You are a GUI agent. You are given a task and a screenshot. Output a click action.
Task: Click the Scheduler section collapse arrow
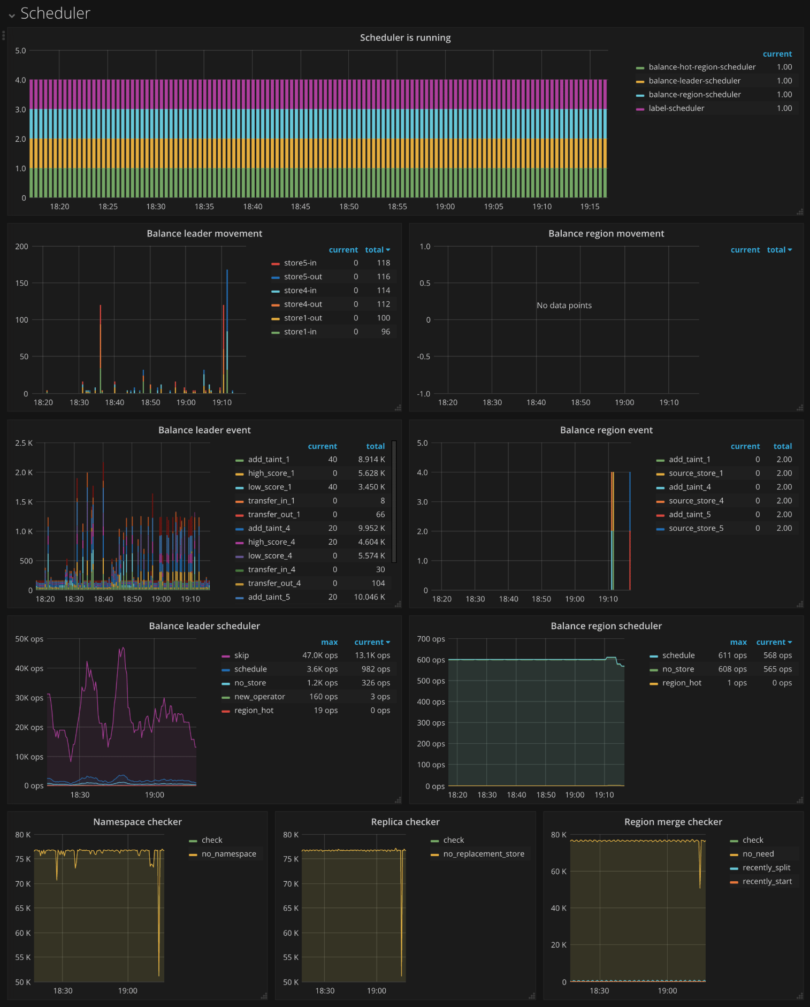12,16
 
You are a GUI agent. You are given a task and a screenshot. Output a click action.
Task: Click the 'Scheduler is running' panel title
405,37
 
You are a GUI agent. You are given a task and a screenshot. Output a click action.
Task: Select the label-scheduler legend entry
676,108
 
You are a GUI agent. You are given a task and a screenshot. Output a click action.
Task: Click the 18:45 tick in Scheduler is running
301,207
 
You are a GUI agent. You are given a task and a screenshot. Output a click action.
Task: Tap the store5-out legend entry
303,277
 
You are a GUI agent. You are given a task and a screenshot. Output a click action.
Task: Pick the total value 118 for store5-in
383,263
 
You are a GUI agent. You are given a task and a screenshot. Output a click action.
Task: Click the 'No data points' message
564,306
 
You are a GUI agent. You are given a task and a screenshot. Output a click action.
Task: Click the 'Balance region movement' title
606,233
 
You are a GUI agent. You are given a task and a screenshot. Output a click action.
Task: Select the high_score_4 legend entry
271,542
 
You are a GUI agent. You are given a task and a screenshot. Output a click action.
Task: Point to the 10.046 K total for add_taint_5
369,597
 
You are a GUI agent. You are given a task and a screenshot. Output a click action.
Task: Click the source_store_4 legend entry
696,501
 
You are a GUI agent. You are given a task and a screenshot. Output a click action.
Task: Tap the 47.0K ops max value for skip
320,655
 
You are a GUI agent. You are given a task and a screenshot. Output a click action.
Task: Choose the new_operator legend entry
259,697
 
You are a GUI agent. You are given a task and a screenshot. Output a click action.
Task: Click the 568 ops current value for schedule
777,655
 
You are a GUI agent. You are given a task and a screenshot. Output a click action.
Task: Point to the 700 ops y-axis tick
431,639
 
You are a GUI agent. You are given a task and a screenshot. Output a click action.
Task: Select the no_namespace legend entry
228,854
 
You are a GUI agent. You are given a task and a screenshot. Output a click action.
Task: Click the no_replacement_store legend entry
484,854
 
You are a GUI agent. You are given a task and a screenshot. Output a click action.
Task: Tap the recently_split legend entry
766,868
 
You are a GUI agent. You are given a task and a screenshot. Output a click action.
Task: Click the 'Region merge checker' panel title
673,822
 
